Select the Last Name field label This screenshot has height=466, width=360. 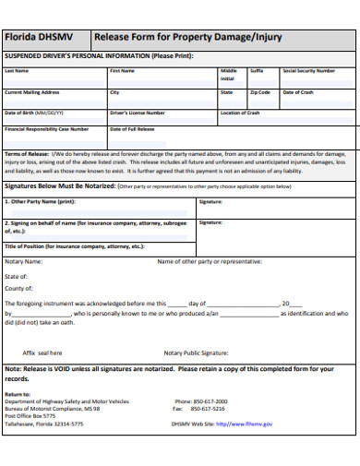17,71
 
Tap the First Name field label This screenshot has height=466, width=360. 123,71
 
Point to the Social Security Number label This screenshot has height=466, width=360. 308,71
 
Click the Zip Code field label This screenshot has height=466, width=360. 259,92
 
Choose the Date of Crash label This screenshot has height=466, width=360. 298,92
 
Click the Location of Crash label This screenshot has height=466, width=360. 240,113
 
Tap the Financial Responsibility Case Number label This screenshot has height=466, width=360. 47,129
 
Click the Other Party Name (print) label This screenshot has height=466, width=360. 40,201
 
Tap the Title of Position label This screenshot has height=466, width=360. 75,246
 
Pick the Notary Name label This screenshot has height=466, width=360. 24,261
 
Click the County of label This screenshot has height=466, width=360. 19,289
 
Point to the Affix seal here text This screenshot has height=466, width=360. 42,352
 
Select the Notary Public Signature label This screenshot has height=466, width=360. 196,352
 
